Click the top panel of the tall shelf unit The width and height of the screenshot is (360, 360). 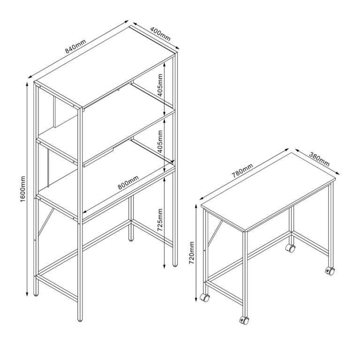[105, 66]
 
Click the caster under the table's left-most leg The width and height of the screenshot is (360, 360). [204, 297]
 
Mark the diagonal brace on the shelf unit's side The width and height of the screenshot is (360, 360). [46, 219]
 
